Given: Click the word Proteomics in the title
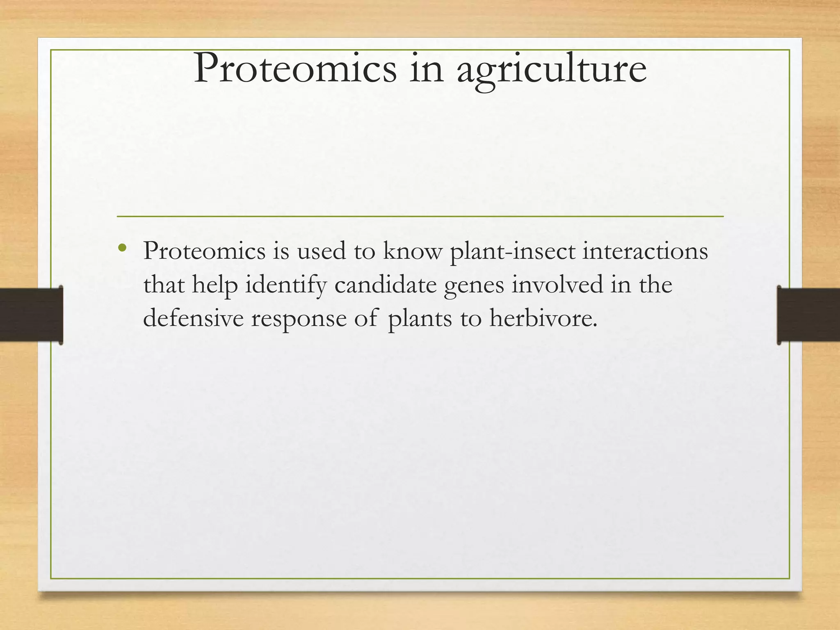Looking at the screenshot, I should tap(295, 69).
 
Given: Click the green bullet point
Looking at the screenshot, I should tap(121, 247).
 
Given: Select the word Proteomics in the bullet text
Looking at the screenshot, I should tap(204, 251).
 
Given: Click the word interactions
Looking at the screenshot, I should tap(645, 251).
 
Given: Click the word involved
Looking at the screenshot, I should tap(557, 285).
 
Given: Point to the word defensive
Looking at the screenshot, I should tap(193, 318).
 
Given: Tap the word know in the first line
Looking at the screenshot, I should tap(413, 251).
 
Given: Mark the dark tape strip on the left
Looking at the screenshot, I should tap(31, 315).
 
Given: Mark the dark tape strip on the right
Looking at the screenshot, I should tap(808, 315).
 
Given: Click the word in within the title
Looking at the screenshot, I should tap(427, 69).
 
